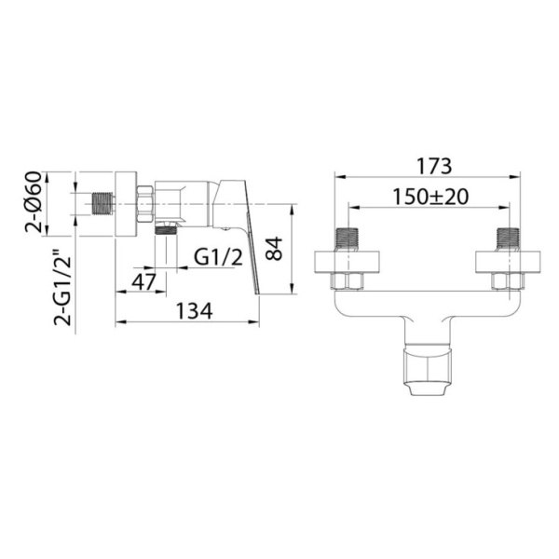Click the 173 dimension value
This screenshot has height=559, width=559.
click(x=434, y=166)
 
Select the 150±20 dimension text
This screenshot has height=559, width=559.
click(x=430, y=197)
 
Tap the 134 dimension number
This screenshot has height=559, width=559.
click(x=195, y=311)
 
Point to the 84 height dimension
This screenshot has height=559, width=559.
click(x=274, y=249)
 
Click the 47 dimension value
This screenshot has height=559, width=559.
click(x=143, y=281)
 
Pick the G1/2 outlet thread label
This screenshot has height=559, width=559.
click(x=218, y=257)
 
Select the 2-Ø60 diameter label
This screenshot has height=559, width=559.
click(x=34, y=202)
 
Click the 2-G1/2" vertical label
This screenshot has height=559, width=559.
click(x=62, y=290)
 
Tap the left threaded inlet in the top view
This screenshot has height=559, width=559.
click(x=347, y=239)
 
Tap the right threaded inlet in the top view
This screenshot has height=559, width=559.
click(x=509, y=239)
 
